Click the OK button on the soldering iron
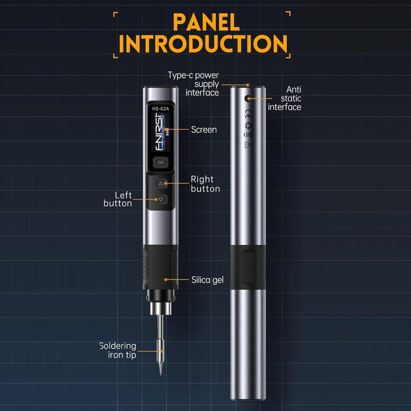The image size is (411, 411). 161,162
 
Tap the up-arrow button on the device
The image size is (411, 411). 161,183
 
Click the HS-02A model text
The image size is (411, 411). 160,108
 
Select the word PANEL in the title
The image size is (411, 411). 207,23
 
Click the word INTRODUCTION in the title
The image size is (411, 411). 203,44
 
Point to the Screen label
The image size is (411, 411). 204,129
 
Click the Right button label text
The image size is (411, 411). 205,184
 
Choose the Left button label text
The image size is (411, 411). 118,199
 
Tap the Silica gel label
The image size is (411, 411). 208,280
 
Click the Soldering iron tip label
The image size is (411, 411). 118,350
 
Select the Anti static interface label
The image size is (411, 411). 285,98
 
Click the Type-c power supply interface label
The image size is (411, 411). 194,84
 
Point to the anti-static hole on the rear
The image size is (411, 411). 248,99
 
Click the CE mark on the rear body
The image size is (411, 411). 248,114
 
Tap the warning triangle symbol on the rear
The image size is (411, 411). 248,145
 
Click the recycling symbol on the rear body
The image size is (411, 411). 248,125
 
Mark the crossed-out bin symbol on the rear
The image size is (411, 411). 248,135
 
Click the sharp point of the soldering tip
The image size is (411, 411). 160,375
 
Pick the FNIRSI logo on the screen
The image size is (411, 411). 160,132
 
